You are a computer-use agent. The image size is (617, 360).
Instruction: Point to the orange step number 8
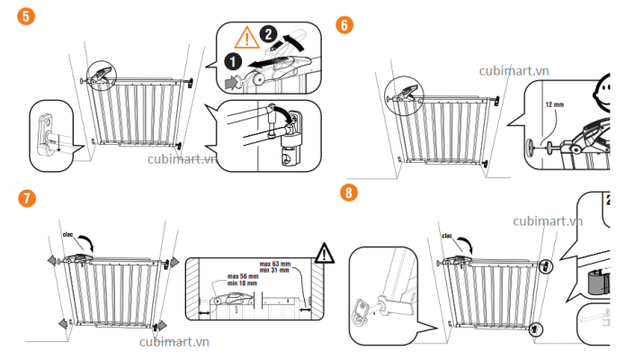tap(347, 193)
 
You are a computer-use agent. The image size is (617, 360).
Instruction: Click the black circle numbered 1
tap(231, 62)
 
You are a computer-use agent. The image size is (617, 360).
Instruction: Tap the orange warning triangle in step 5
tap(244, 38)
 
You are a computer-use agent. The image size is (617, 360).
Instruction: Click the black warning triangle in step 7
tap(323, 252)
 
